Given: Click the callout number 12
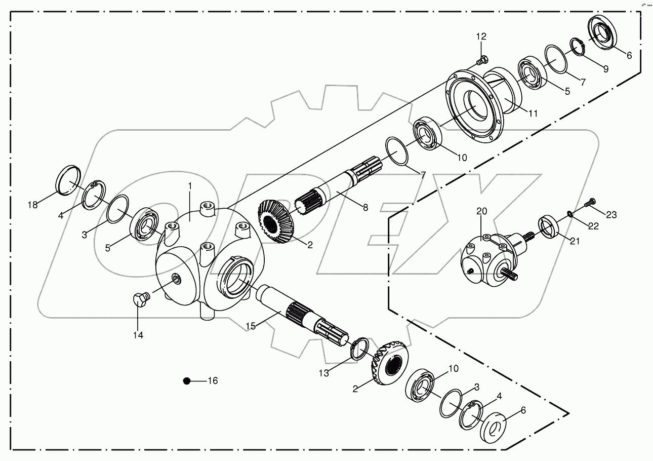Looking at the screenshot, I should (480, 36).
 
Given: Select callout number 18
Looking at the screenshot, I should (33, 205).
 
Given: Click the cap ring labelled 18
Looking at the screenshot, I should (68, 180).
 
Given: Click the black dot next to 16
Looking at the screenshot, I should (187, 380).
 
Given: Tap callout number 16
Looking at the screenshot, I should (213, 380).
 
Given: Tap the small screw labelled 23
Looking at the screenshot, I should (589, 204).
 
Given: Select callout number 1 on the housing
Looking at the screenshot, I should (190, 186).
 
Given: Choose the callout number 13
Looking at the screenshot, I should (324, 373).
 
